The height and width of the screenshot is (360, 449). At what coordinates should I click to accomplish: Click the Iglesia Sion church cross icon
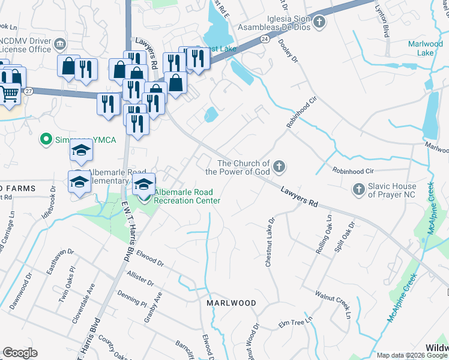319,22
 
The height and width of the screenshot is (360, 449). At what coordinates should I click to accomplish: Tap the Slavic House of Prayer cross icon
358,189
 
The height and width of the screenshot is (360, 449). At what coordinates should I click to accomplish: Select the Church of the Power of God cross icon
279,167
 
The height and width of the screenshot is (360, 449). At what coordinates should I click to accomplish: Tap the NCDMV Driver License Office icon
59,44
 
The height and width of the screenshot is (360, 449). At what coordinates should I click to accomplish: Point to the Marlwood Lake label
425,48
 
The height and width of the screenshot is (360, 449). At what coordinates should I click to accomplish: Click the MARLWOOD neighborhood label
231,303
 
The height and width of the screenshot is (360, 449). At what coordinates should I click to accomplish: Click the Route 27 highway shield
28,91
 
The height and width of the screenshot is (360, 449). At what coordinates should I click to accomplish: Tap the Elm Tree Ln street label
292,324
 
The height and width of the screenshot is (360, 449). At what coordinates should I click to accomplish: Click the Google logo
20,353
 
